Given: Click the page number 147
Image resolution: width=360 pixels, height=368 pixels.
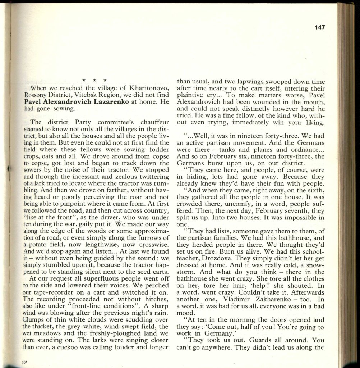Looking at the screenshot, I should tap(318, 27).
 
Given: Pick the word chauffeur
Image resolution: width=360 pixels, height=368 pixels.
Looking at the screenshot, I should tap(146, 122).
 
